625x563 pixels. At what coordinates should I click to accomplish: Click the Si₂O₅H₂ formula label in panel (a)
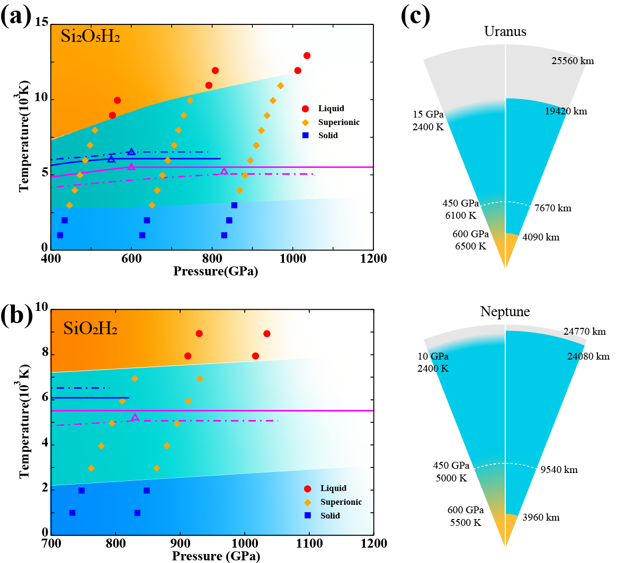coord(90,37)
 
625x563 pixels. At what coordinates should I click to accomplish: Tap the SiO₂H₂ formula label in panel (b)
coord(90,329)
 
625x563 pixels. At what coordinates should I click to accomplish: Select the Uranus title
coord(505,32)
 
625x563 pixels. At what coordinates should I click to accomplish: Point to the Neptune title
coord(505,312)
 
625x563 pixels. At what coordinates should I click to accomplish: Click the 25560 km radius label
coord(573,61)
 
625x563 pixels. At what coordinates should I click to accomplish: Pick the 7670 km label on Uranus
coord(552,208)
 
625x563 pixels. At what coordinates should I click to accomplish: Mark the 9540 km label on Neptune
coord(559,470)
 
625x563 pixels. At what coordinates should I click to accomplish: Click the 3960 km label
coord(541,517)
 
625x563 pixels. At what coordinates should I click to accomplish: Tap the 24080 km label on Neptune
coord(588,356)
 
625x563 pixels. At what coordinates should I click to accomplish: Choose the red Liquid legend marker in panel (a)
coord(306,109)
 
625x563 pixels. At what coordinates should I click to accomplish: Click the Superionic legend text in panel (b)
coord(341,502)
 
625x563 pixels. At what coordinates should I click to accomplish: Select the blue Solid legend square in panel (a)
coord(306,136)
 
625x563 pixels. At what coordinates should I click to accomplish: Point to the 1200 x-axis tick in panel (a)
coord(373,258)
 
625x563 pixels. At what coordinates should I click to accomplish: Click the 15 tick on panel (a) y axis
coord(42,22)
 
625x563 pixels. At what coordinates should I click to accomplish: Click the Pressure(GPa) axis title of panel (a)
coord(216,272)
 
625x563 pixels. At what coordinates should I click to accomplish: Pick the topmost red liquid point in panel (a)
coord(307,56)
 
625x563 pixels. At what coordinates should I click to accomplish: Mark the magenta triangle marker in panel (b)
coord(135,417)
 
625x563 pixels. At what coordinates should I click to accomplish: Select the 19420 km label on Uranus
coord(566,111)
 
